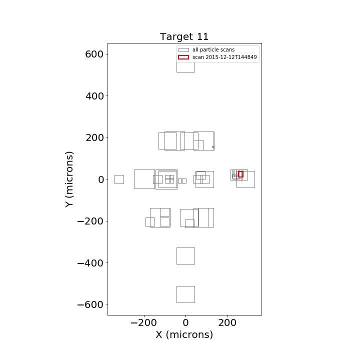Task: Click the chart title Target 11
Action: pos(184,36)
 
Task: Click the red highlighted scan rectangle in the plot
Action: pos(238,174)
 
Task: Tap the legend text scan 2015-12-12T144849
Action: pos(224,57)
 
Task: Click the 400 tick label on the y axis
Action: pos(94,96)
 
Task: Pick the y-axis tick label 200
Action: pos(94,138)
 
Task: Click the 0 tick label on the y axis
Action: pos(101,179)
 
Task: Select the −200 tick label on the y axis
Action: pos(90,221)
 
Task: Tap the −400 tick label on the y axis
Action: pos(90,263)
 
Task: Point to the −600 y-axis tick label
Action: pos(90,305)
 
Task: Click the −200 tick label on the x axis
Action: pos(143,323)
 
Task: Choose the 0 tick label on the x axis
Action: pos(185,323)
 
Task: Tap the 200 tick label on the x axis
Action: pos(227,323)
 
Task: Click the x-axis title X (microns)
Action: pos(184,334)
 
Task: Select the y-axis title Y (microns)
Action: pos(69,179)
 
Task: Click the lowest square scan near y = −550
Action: pos(177,294)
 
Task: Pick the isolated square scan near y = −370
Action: pos(177,256)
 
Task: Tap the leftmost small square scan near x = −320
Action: pos(115,179)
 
